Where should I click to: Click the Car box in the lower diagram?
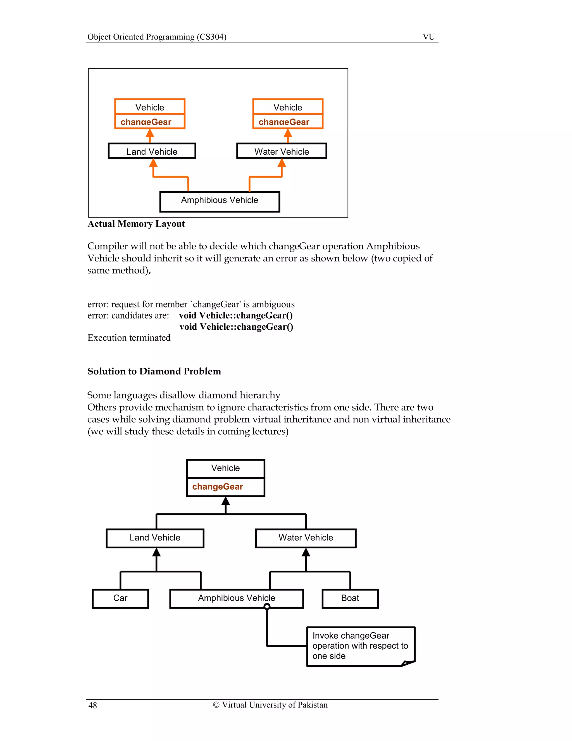click(x=120, y=598)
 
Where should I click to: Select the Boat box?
click(x=350, y=598)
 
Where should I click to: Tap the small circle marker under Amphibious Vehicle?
click(x=267, y=607)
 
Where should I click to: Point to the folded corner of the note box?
click(x=408, y=663)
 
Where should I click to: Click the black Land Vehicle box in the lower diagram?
click(x=155, y=538)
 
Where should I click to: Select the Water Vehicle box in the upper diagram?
click(x=281, y=151)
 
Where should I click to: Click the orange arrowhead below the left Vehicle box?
click(x=150, y=133)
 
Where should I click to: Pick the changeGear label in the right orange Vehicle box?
click(x=284, y=122)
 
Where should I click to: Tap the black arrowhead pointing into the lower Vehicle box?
click(x=226, y=501)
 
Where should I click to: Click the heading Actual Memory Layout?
click(x=136, y=224)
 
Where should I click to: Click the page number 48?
click(x=92, y=705)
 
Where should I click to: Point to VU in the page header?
click(x=429, y=37)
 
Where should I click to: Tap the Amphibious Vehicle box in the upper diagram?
click(x=220, y=201)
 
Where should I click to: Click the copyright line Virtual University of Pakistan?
click(x=270, y=705)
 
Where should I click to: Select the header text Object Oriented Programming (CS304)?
click(x=157, y=37)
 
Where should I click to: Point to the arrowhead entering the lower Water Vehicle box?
click(x=306, y=552)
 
